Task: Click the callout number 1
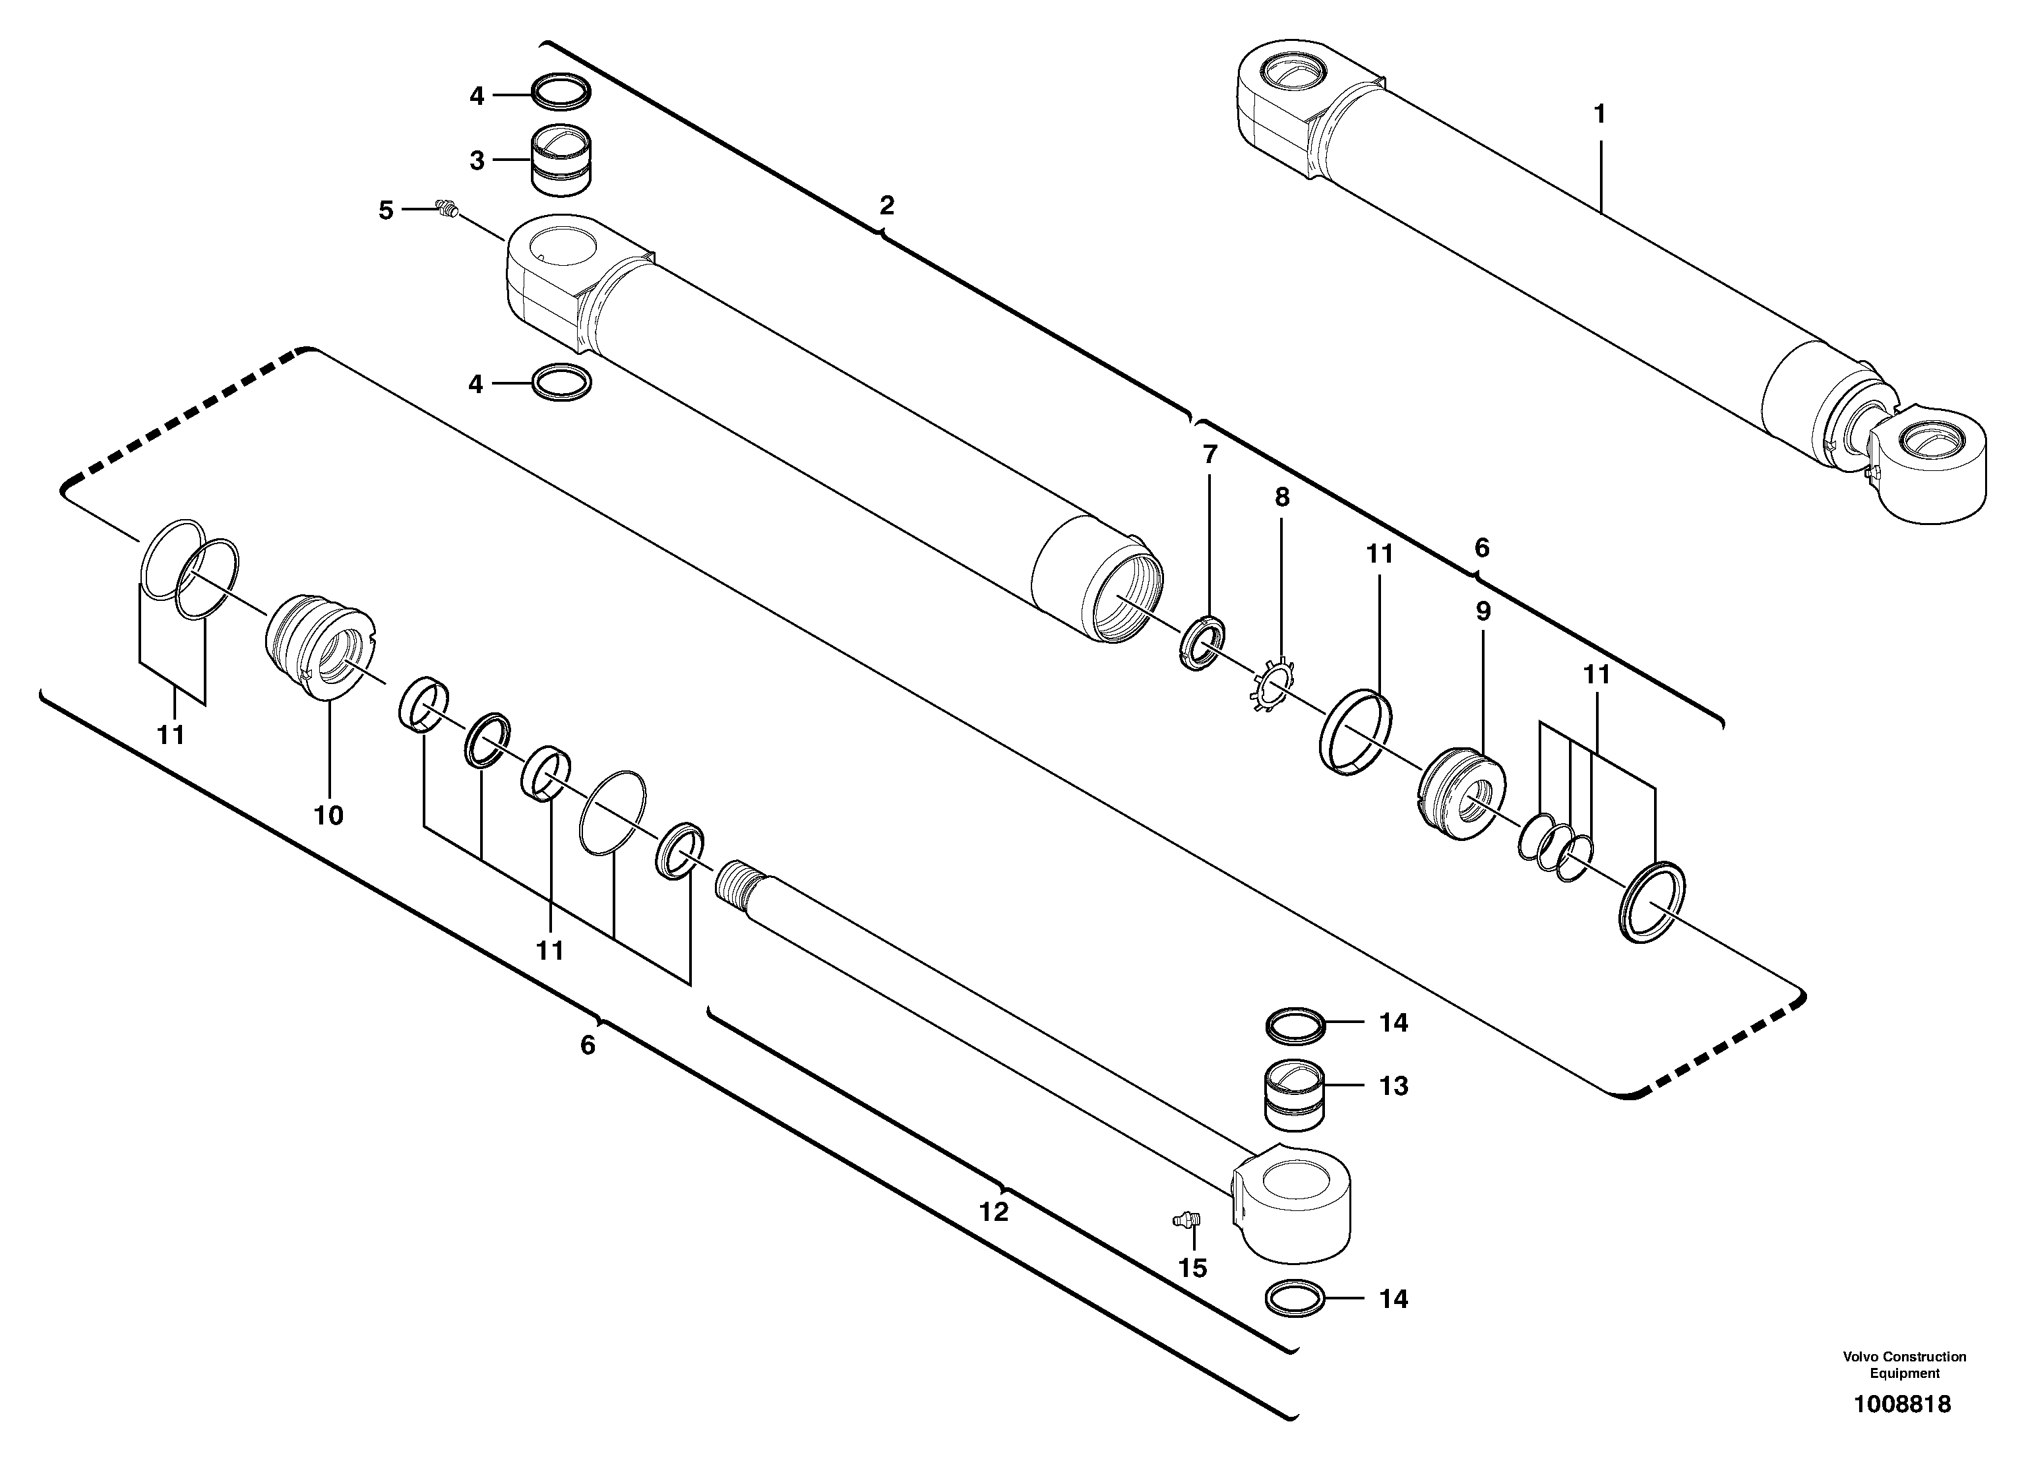[1600, 114]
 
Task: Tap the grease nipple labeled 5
[446, 209]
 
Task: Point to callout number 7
[1210, 455]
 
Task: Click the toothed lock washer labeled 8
[1272, 685]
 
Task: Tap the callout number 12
[993, 1212]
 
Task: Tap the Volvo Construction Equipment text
[1903, 1365]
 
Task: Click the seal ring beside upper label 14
[1296, 1025]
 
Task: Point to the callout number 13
[1394, 1086]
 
